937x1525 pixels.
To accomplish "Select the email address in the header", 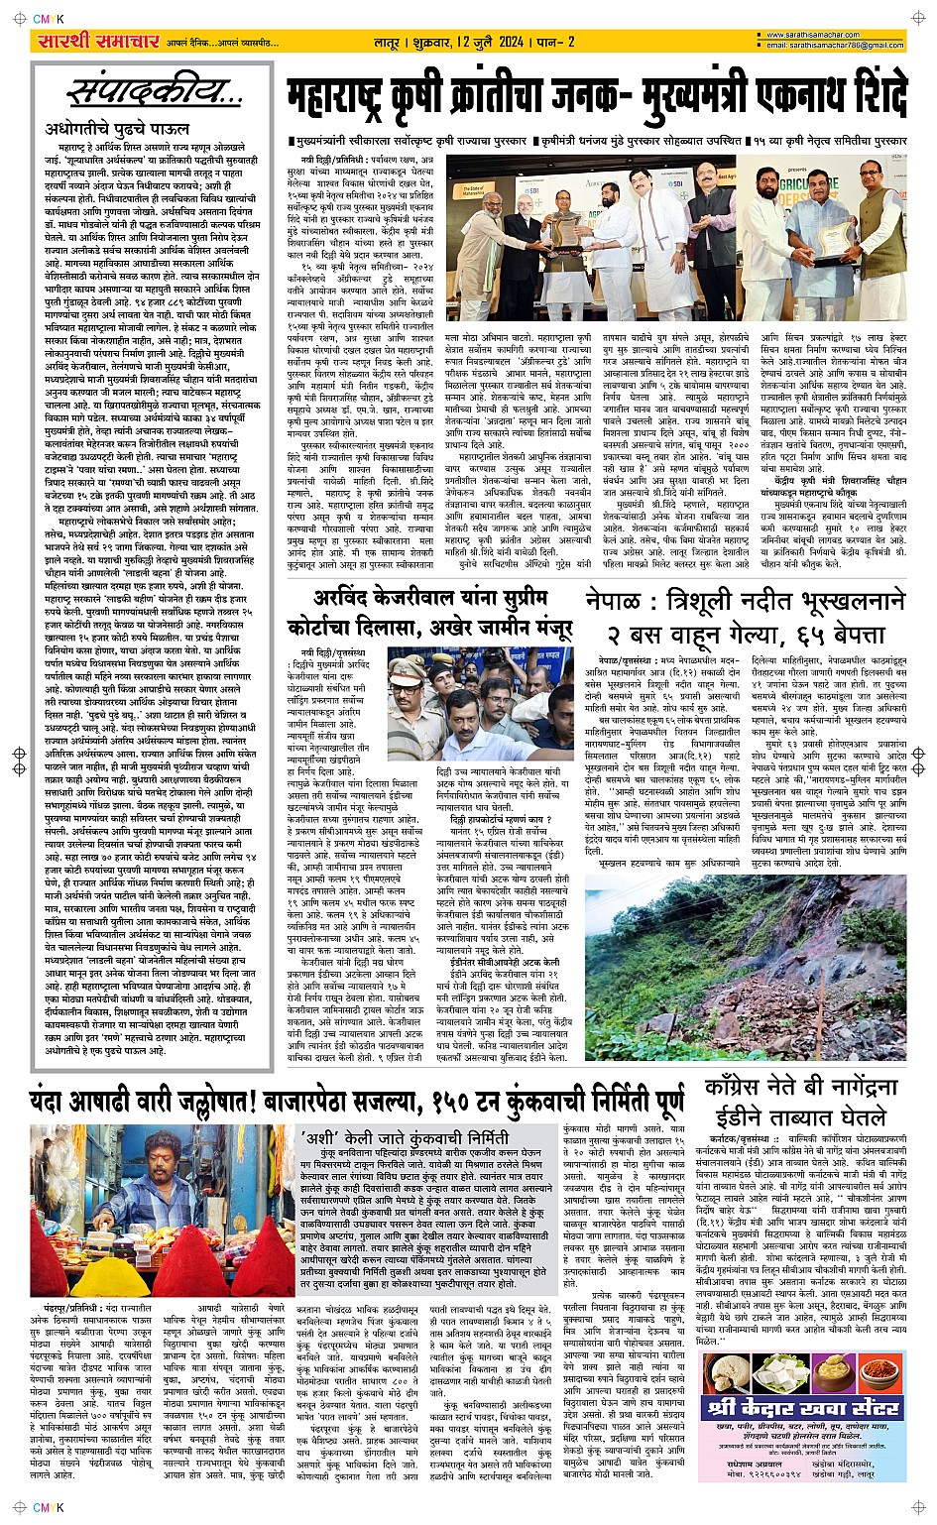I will (833, 47).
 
